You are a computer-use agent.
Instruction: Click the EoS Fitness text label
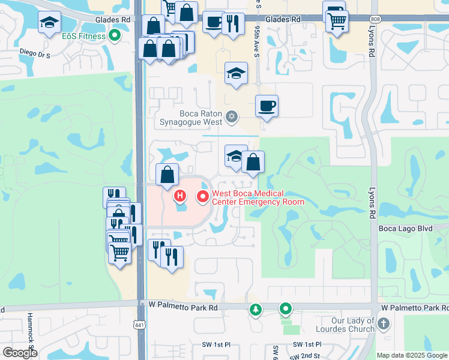(x=83, y=36)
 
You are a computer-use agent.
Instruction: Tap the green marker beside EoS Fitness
(x=113, y=36)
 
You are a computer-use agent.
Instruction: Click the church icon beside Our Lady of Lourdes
(x=384, y=324)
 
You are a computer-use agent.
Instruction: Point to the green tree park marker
(x=256, y=309)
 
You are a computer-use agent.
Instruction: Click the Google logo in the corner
(x=20, y=353)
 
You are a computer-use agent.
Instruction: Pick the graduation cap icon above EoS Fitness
(x=49, y=23)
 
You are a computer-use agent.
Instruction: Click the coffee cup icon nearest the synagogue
(x=267, y=106)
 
